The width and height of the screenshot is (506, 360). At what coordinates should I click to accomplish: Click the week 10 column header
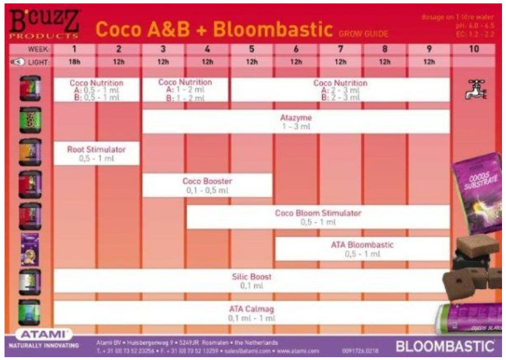coord(474,49)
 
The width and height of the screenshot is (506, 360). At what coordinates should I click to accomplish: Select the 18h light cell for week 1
coord(74,62)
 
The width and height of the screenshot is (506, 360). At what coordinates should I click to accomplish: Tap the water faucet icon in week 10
coord(474,89)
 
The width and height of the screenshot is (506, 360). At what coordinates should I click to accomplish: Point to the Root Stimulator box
coord(96,153)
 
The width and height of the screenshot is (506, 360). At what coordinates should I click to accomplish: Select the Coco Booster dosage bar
coord(207,185)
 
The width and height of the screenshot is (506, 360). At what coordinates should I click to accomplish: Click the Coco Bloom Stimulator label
coord(318,213)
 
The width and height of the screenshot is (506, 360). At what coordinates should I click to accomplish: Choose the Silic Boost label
coord(252,277)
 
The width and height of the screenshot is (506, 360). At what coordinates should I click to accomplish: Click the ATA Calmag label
coord(252,309)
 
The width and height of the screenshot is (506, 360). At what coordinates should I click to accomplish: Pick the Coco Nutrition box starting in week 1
coord(96,90)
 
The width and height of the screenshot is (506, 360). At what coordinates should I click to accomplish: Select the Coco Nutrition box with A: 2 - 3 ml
coord(340,90)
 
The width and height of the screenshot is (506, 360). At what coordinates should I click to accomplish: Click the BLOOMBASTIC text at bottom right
coord(444,346)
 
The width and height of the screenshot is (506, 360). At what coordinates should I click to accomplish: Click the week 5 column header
coord(252,49)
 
